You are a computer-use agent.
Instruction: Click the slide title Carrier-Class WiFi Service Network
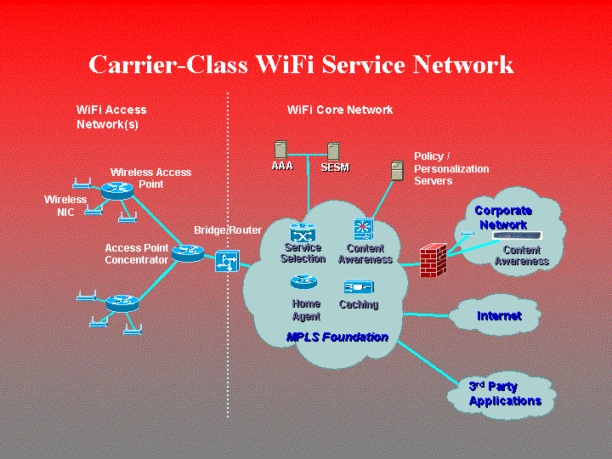(x=301, y=65)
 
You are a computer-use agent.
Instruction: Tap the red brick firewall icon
(x=433, y=259)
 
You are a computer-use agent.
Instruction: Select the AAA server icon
(x=281, y=150)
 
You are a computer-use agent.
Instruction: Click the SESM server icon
(x=334, y=151)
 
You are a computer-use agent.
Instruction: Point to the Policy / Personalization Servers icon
(x=396, y=170)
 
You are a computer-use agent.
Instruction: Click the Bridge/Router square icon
(x=227, y=262)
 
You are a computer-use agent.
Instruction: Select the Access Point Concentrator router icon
(x=187, y=252)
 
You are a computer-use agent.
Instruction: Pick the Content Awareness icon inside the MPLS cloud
(x=364, y=229)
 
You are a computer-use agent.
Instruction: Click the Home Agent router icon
(x=303, y=282)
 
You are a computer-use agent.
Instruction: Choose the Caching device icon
(x=358, y=287)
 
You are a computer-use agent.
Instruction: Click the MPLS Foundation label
(x=337, y=337)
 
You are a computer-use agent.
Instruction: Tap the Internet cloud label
(x=499, y=315)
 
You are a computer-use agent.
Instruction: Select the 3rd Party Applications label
(x=505, y=394)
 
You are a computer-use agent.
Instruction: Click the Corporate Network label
(x=503, y=218)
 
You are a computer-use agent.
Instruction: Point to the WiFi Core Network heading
(x=340, y=110)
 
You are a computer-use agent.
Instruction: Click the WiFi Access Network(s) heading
(x=111, y=117)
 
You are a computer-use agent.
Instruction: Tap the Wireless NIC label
(x=65, y=206)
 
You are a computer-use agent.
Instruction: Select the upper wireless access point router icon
(x=117, y=190)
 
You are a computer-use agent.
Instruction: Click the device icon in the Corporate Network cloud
(x=517, y=235)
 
